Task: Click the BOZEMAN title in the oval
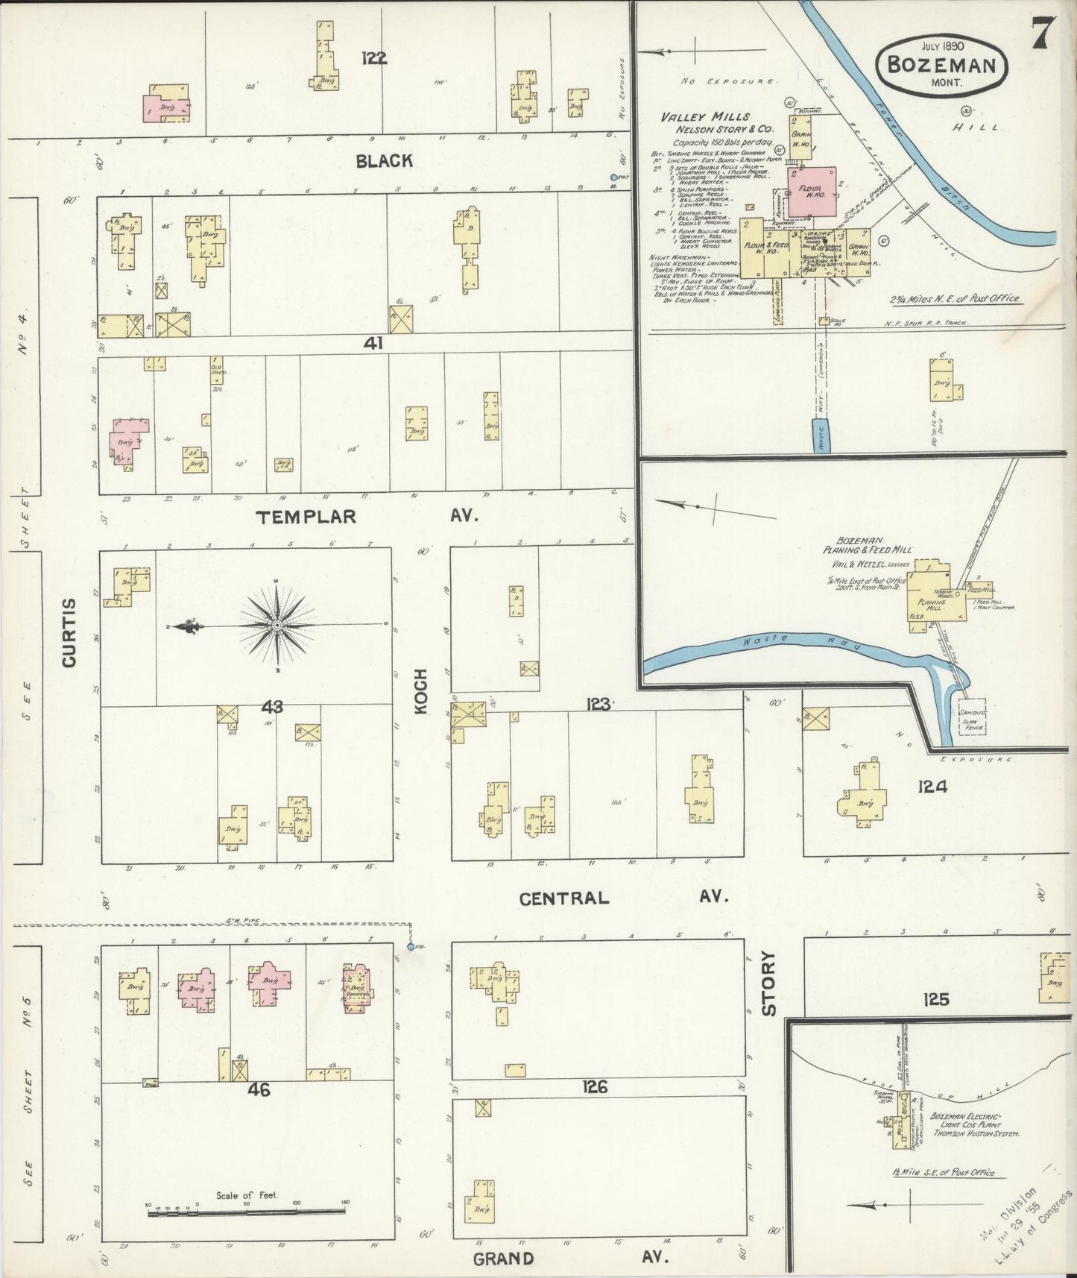(941, 64)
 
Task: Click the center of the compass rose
(277, 624)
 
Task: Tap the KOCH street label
(421, 692)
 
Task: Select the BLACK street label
(384, 160)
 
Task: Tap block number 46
(259, 1090)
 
